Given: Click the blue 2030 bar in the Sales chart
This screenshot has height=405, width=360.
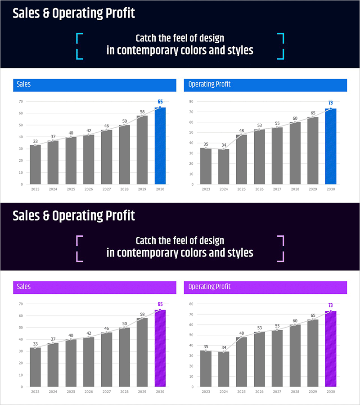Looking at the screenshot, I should coord(160,146).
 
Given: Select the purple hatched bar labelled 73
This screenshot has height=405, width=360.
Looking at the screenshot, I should coord(331,349).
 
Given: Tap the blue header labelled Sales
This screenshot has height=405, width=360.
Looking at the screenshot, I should coord(94,85).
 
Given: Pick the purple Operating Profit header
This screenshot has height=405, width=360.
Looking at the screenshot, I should coord(265,287).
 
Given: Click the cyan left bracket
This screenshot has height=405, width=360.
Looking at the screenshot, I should coord(79,46).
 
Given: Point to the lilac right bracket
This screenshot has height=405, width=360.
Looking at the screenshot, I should coord(281,248).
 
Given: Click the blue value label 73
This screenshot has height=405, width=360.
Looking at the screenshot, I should coord(331,103).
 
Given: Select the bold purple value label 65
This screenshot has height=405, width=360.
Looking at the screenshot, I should coord(160,304).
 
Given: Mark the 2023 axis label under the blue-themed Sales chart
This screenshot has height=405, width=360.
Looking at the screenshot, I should coord(35,189).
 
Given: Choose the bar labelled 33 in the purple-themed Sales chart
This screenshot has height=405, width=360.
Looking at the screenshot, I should coord(35,367).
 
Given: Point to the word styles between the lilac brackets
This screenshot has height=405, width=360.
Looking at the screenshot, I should coord(240,253).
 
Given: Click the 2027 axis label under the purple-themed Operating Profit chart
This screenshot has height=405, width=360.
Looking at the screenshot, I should coord(277,392).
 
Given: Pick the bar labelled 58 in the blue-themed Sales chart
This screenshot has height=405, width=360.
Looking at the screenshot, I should coord(142,150).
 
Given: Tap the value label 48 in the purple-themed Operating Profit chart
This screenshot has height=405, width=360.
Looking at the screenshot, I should coord(242,333).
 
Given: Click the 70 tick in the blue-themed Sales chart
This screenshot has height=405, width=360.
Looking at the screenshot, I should coord(21,101).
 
